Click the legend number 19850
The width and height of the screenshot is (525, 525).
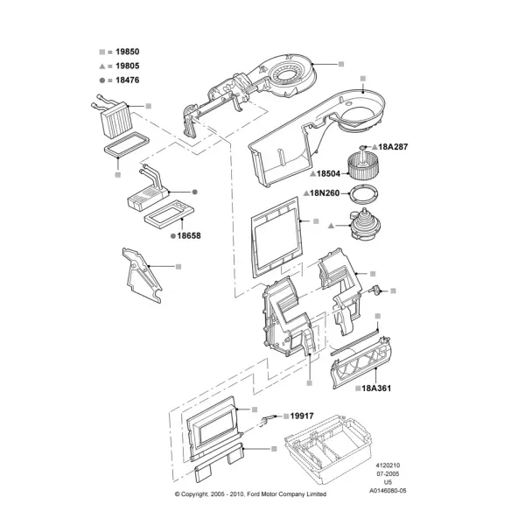point(127,52)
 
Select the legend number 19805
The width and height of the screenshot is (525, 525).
point(127,66)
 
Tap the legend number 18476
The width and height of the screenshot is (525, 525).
point(127,80)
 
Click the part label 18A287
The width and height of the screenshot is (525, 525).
point(393,147)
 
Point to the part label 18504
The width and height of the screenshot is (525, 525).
point(328,173)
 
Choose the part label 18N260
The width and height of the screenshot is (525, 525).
point(325,193)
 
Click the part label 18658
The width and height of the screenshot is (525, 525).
point(189,235)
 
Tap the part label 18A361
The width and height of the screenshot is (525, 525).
point(376,388)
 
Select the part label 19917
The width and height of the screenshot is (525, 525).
point(302,416)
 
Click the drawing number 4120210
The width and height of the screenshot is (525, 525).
point(388,465)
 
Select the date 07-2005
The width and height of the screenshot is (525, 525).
point(388,473)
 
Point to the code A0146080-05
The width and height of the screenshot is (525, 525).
point(388,491)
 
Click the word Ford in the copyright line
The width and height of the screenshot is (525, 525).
point(254,493)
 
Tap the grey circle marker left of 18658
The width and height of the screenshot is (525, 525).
point(173,236)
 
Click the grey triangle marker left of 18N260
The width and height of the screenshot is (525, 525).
point(306,193)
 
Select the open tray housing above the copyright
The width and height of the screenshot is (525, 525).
point(327,448)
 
